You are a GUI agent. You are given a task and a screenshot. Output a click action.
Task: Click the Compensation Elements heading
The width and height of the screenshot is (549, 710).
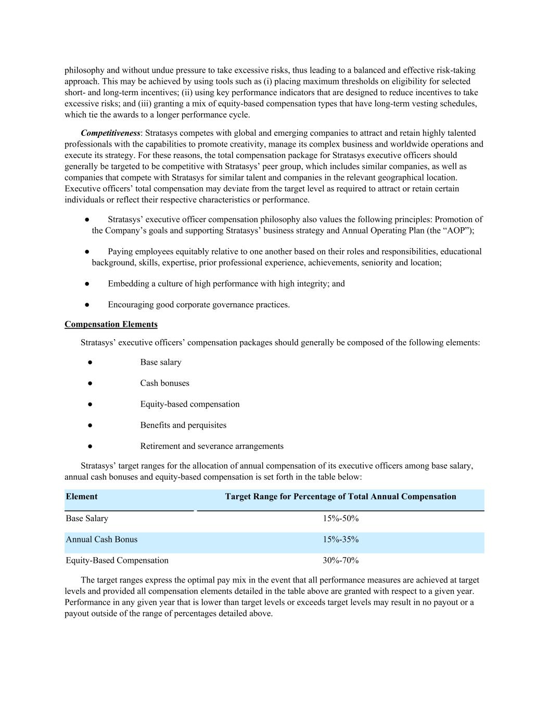(111, 325)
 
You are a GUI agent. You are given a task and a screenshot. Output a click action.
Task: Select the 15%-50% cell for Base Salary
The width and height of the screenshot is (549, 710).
(340, 519)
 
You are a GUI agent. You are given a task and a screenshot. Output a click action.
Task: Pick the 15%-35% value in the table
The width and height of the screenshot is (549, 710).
(340, 539)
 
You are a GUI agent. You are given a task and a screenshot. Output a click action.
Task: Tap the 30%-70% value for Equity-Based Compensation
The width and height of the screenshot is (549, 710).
(340, 561)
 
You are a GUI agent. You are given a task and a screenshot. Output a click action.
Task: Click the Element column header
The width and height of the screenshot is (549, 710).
(82, 497)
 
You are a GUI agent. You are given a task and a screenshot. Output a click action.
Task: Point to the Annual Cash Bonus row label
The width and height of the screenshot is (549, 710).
(101, 539)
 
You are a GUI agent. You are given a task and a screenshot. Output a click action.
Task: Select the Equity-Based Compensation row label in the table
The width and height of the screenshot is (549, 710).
(117, 561)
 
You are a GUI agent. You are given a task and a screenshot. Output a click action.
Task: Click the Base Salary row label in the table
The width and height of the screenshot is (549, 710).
(87, 519)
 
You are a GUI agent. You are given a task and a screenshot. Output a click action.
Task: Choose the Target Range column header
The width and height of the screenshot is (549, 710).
(340, 497)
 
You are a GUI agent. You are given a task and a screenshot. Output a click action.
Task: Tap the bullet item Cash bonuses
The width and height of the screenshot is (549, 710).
(164, 383)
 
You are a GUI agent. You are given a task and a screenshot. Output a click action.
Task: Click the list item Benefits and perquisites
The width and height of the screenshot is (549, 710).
(183, 425)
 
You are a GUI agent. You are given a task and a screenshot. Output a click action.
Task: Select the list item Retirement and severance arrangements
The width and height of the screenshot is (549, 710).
(212, 446)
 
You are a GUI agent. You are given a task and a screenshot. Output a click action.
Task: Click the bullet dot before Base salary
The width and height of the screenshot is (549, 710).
(90, 363)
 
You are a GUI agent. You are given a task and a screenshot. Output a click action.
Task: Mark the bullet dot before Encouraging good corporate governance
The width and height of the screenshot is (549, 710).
(87, 305)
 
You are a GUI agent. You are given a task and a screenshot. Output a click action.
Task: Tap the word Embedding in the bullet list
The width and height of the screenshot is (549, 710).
(126, 284)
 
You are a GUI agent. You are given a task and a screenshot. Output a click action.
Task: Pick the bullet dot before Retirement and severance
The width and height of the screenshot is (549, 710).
(90, 446)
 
